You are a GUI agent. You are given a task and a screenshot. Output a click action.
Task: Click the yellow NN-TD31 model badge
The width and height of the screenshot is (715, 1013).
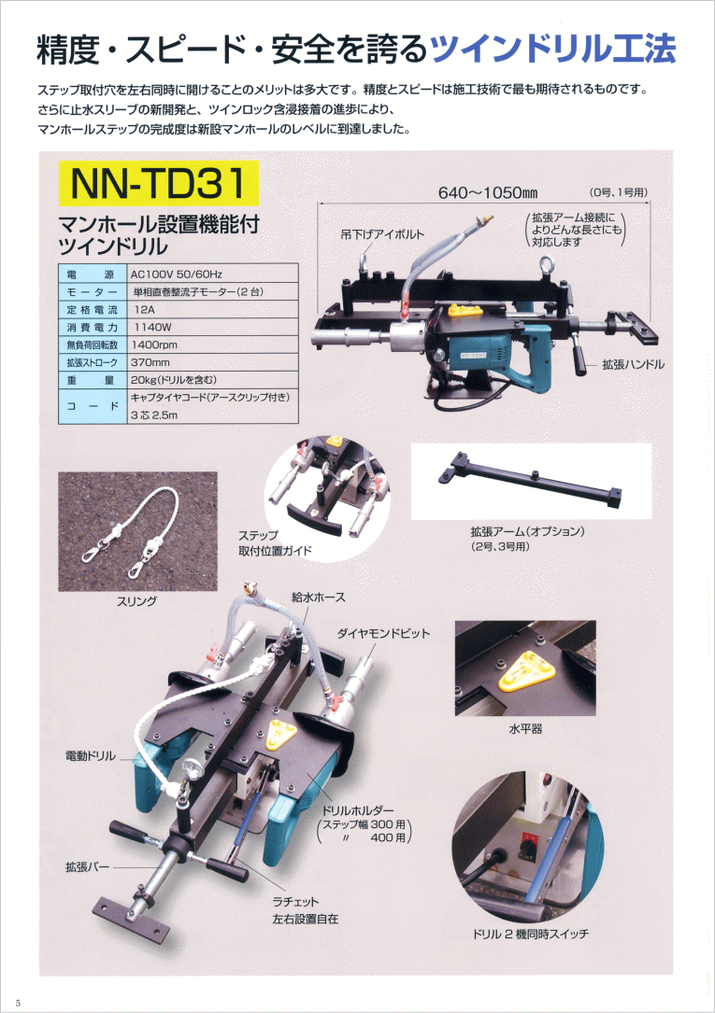click(158, 183)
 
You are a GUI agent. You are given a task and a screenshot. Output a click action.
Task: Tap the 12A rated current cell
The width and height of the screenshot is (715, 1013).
click(212, 309)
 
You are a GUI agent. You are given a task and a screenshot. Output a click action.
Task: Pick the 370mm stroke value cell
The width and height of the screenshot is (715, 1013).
click(212, 362)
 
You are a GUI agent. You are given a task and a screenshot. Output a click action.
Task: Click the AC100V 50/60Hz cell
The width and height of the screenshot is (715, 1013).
click(212, 274)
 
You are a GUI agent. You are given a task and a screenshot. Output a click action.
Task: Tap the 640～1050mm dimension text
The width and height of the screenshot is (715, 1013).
click(488, 192)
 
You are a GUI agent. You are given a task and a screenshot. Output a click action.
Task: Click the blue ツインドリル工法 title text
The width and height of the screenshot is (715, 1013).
click(552, 49)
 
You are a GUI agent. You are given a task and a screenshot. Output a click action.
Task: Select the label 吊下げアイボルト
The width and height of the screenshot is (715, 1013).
click(382, 234)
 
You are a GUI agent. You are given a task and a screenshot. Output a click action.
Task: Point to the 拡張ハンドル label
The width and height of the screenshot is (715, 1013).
click(633, 364)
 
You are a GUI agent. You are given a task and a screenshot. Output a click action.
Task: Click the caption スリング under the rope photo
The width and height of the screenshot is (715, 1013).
click(136, 601)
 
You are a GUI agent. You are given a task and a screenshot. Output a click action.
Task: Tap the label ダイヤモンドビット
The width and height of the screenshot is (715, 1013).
click(383, 633)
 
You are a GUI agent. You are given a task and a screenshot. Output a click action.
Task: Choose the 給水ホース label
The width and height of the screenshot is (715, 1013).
click(318, 597)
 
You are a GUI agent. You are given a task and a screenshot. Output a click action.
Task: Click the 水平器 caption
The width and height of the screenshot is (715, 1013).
click(525, 729)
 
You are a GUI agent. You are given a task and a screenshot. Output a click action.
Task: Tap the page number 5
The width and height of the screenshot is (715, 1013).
click(18, 1002)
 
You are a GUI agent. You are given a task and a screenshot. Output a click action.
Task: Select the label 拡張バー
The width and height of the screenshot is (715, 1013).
click(87, 866)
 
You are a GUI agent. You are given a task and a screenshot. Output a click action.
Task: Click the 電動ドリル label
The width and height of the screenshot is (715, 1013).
click(91, 756)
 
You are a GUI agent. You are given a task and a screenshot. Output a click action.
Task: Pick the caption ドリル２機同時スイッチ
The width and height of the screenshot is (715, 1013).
click(530, 934)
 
